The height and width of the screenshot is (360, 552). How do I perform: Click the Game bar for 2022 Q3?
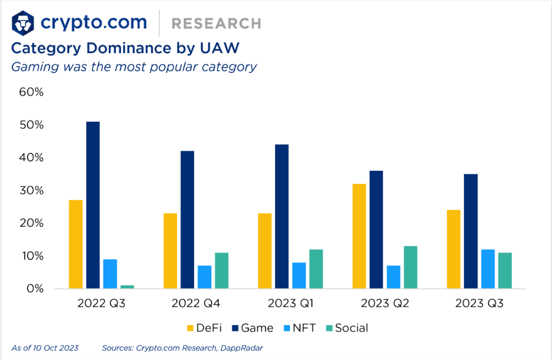93,205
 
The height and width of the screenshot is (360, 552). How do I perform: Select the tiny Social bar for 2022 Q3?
127,287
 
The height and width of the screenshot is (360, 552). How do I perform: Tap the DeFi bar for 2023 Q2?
359,236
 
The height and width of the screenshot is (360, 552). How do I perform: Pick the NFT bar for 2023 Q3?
488,269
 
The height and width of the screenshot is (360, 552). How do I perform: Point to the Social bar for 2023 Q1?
316,269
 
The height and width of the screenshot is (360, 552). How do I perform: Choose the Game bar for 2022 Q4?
187,220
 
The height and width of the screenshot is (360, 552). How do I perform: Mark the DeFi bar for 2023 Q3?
454,249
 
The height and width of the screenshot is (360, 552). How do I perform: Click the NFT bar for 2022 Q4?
204,277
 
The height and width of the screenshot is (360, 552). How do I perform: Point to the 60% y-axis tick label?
31,92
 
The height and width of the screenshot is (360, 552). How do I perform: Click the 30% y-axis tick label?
31,190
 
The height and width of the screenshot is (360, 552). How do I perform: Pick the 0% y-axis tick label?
34,288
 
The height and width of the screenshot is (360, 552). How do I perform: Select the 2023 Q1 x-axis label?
291,304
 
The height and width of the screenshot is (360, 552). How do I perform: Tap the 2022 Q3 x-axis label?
101,304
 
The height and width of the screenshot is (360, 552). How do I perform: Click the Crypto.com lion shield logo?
23,23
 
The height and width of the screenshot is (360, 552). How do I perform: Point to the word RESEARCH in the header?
216,24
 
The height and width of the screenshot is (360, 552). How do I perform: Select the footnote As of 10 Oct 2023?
45,348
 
